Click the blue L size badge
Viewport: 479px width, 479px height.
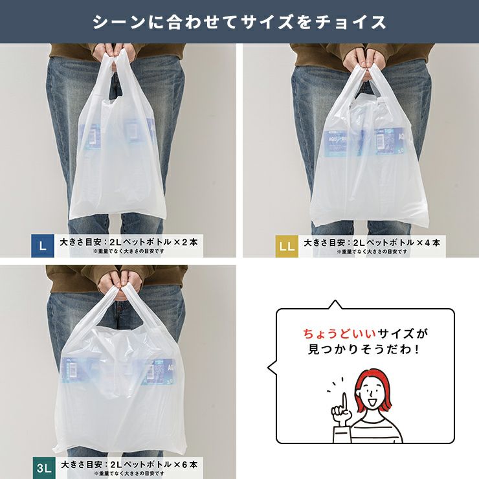43,246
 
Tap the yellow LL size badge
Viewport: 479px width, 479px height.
287,246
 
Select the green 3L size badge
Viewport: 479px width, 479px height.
44,468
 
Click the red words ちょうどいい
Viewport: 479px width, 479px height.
340,333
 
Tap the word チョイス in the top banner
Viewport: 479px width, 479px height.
350,23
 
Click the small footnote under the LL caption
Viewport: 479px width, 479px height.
372,252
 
